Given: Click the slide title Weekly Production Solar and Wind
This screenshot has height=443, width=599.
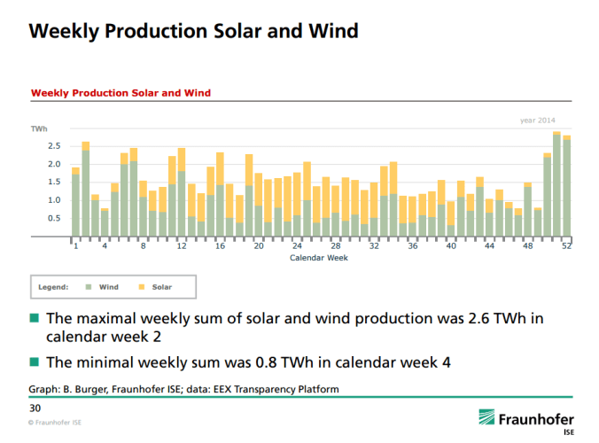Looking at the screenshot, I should coord(193,31).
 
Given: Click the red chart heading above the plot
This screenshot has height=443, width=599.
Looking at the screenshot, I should coord(121,92).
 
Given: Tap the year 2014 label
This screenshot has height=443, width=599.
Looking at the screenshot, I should coord(538,120).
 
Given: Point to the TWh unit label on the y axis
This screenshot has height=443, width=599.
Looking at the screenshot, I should coord(39,128).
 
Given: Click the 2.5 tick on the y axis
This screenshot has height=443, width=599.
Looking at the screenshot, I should coord(54,146).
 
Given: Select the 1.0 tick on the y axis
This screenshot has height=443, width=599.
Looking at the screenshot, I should coord(54,200).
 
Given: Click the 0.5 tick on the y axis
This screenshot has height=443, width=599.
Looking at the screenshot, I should coord(54,218).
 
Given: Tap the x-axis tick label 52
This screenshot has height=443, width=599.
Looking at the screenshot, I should coord(565,246).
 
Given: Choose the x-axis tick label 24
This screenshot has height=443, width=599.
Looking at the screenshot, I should coord(297,246).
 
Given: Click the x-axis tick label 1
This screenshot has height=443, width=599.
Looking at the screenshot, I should coord(75,246).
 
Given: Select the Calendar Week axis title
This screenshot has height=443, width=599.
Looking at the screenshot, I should coord(319,258).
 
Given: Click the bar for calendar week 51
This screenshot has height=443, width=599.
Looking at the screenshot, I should coord(556,185).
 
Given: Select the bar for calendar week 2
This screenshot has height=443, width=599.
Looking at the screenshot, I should coord(86,190).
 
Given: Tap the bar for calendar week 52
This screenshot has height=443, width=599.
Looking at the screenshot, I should coord(566,187).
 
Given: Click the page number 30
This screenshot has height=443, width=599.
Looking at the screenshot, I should coord(35,408).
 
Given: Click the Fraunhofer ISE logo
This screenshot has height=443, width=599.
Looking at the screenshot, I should coord(525,419).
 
